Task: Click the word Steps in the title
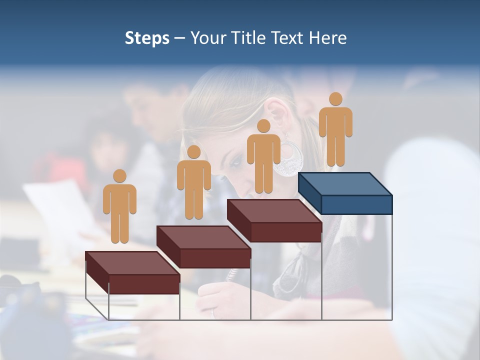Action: coord(147,38)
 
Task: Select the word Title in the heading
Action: coord(249,38)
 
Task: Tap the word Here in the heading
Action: coord(327,38)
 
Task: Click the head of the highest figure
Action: coord(335,99)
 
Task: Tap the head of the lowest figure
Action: coord(119,176)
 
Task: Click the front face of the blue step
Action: coord(356,204)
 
